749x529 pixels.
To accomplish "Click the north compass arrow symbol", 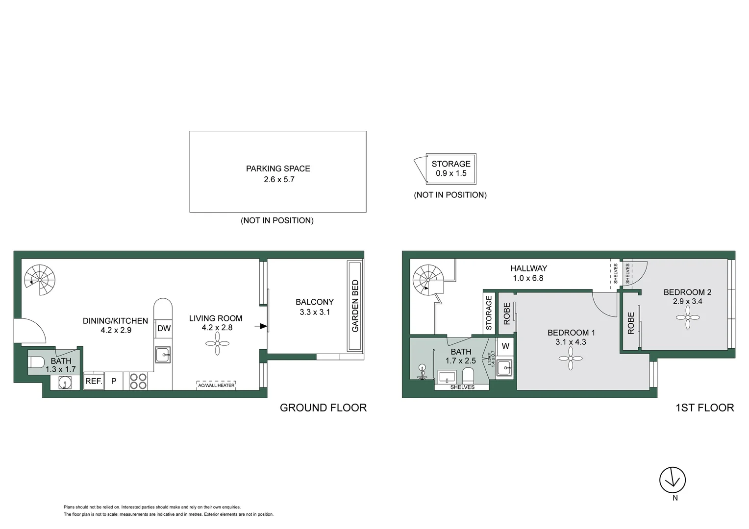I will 672,480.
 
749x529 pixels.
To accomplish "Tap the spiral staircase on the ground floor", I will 40,280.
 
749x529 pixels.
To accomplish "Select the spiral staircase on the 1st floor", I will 428,280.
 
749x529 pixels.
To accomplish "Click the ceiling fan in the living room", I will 217,344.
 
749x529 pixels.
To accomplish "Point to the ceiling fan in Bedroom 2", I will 688,317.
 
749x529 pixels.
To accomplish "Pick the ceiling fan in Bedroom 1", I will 571,359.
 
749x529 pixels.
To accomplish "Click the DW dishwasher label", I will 164,329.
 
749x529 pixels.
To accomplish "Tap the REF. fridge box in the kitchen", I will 94,381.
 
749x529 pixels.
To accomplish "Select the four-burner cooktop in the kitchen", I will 138,381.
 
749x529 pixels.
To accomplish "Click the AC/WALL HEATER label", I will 216,385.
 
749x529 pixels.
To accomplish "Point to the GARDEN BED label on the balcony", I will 355,306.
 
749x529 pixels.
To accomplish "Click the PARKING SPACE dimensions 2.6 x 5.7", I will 279,180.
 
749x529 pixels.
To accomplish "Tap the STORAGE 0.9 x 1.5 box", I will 451,168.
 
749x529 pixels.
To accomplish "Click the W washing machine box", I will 505,346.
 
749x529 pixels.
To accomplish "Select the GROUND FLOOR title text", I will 323,408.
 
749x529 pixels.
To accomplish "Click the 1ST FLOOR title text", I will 704,408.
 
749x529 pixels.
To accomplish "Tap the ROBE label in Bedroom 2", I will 631,323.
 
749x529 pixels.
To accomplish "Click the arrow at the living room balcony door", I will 263,326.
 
